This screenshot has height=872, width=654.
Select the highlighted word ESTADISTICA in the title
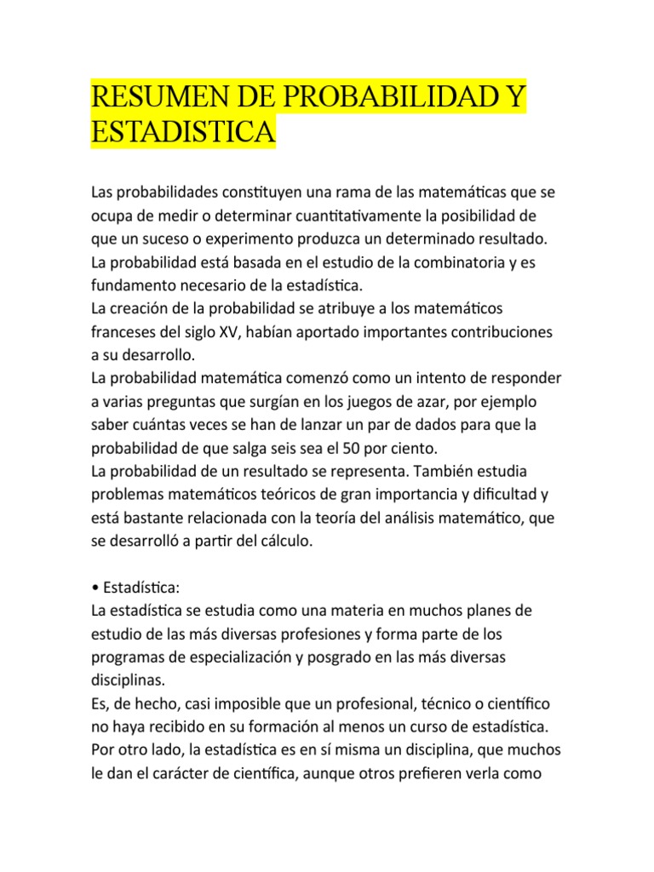click(183, 134)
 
